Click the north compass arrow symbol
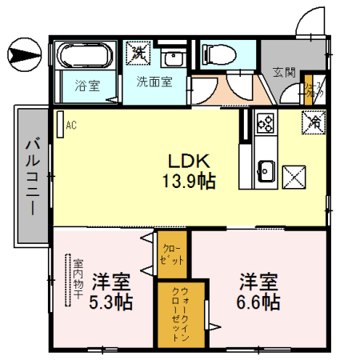(x=22, y=55)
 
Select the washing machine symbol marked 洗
(x=139, y=54)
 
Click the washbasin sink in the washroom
(x=171, y=57)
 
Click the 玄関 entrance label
(x=283, y=72)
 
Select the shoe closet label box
(x=310, y=91)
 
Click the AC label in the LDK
(x=70, y=125)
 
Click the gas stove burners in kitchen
(x=265, y=123)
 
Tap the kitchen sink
(x=265, y=171)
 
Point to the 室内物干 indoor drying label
(x=78, y=278)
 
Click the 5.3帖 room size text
(x=111, y=303)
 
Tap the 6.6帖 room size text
(x=258, y=302)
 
